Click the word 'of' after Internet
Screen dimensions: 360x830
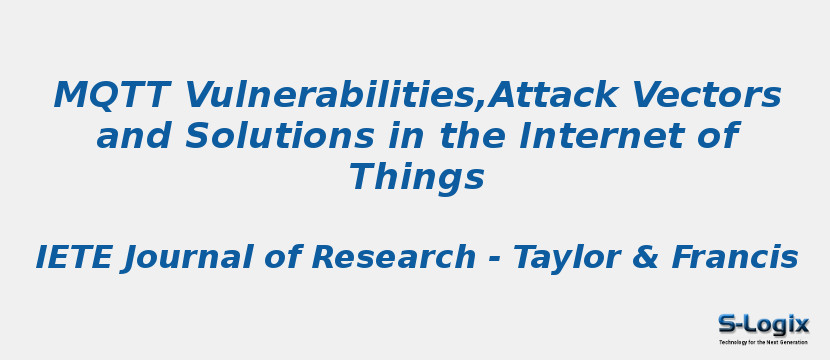(716, 137)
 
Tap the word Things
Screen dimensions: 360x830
(416, 178)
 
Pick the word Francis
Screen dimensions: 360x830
(735, 258)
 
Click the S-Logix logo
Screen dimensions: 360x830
(763, 324)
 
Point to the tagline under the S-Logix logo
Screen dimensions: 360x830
(763, 342)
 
